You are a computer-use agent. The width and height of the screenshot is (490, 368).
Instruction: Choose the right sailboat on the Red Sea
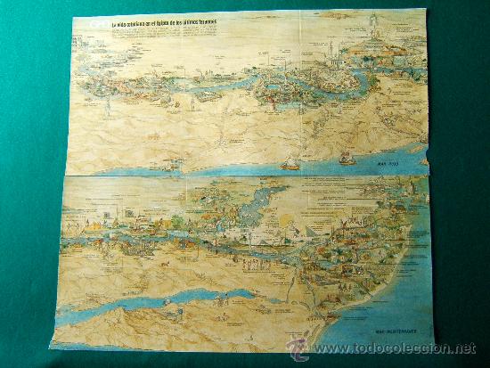click(x=347, y=159)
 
